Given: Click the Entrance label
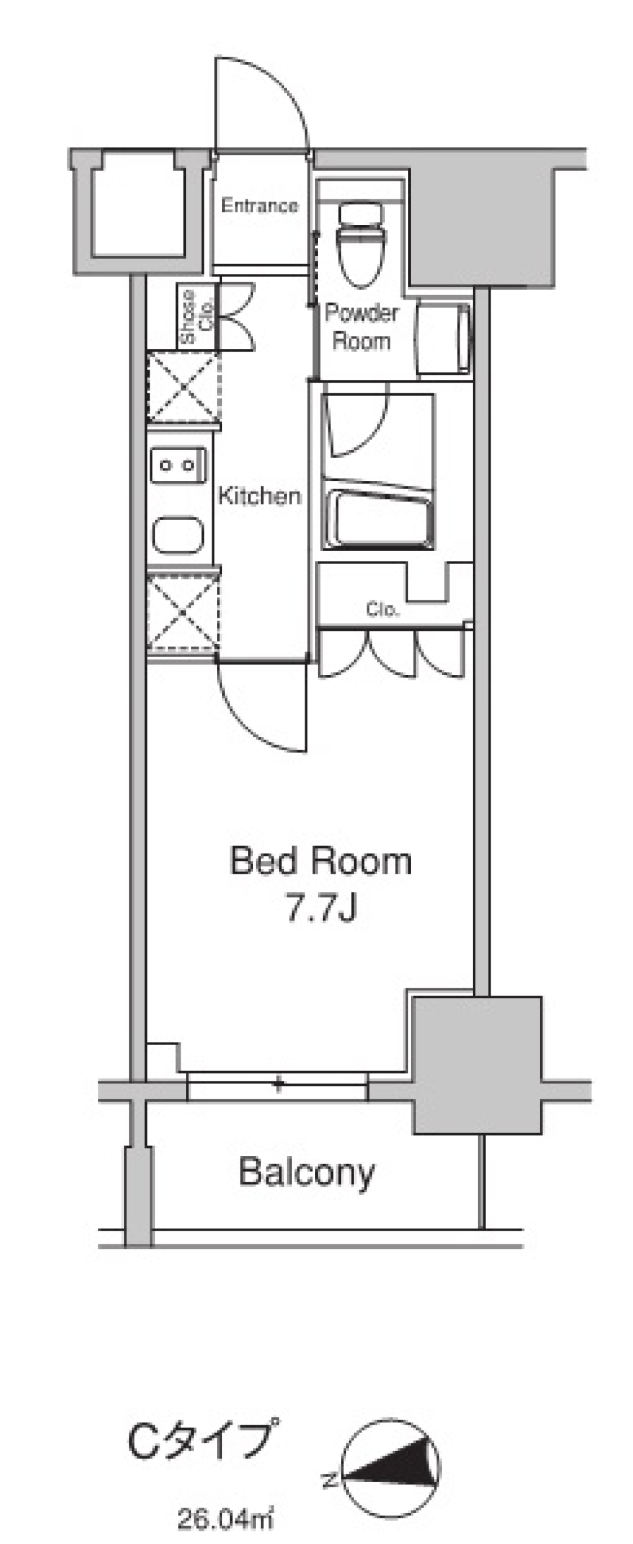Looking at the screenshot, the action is [x=259, y=206].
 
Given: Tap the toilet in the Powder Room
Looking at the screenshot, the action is [x=360, y=245].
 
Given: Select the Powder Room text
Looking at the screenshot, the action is [x=361, y=327].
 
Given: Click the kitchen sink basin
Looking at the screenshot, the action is [x=178, y=535].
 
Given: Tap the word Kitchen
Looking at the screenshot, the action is [x=259, y=496].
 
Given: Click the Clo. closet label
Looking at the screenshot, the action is [x=382, y=610].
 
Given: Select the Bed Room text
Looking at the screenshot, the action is [x=320, y=861].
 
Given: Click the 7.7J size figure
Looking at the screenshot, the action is [x=321, y=909].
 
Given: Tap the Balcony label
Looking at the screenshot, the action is [x=307, y=1173].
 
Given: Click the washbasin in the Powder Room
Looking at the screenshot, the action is [x=444, y=338].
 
